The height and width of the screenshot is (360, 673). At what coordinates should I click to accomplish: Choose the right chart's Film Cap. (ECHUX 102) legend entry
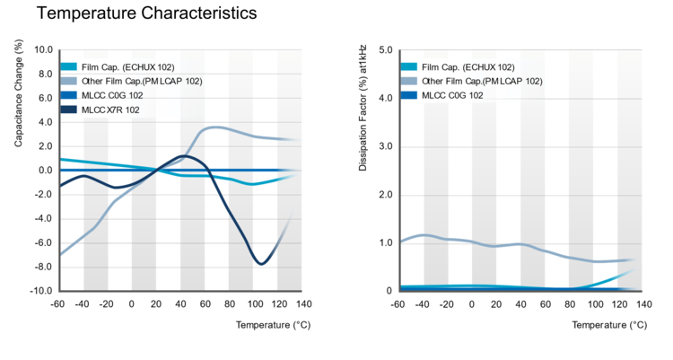pos(468,67)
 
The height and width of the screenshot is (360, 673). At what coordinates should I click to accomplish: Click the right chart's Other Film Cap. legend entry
pos(482,81)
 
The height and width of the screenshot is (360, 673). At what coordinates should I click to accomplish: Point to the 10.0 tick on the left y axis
pos(44,50)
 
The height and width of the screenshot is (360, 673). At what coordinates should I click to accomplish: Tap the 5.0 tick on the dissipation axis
pos(387,50)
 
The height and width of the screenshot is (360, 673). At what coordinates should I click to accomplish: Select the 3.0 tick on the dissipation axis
pos(387,146)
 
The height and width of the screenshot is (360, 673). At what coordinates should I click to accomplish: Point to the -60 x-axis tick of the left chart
pos(59,304)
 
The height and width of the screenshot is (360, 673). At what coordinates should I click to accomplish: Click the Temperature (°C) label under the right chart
pos(607,323)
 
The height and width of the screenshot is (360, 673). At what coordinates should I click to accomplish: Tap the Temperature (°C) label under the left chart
pos(267,323)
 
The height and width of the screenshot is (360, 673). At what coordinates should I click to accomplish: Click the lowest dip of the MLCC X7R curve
pos(261,263)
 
